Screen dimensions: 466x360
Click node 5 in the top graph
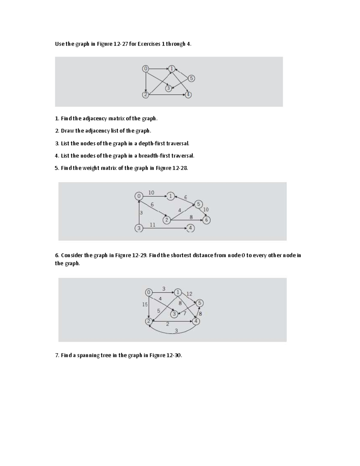click(191, 78)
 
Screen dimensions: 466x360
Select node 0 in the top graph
click(145, 69)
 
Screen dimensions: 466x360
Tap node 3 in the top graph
click(169, 88)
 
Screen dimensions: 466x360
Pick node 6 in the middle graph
click(206, 220)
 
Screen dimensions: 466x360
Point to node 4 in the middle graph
click(190, 228)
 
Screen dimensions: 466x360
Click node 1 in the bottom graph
click(178, 292)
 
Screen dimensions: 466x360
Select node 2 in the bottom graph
click(149, 321)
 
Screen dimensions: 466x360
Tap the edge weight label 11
click(152, 224)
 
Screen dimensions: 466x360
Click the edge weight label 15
click(145, 304)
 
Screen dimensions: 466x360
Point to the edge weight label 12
click(189, 294)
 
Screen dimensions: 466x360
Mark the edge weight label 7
click(185, 313)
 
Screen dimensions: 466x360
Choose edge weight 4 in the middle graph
click(180, 210)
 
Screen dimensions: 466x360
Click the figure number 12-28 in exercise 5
click(180, 168)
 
